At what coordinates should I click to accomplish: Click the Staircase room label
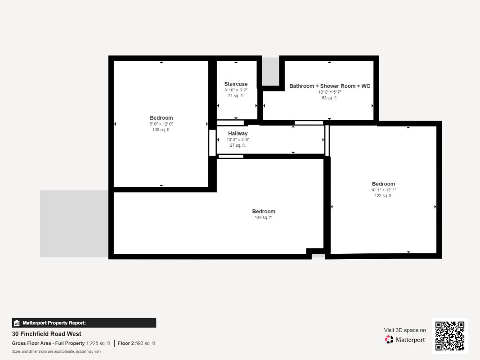[236, 84]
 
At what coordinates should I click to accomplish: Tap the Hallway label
[238, 134]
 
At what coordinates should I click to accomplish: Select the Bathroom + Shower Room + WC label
[330, 86]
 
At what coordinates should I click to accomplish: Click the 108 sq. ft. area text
[161, 130]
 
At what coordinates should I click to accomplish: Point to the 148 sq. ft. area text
[264, 218]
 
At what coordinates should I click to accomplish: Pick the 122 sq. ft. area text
[383, 196]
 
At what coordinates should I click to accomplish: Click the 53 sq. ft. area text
[330, 98]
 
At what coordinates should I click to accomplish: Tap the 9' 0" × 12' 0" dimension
[161, 124]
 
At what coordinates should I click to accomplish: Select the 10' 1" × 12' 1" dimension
[383, 190]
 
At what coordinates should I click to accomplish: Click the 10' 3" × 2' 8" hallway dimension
[238, 139]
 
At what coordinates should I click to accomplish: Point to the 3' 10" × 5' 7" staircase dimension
[236, 90]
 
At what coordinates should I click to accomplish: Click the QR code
[450, 336]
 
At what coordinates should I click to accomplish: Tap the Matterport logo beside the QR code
[405, 340]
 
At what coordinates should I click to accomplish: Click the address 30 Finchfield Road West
[47, 334]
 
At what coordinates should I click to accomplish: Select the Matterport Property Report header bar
[84, 323]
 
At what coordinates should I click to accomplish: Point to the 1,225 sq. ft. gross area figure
[99, 343]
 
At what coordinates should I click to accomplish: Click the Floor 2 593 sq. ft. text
[137, 343]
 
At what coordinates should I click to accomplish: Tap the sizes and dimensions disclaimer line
[56, 351]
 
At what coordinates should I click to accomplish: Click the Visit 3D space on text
[405, 330]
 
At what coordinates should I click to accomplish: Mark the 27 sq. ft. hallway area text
[238, 145]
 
